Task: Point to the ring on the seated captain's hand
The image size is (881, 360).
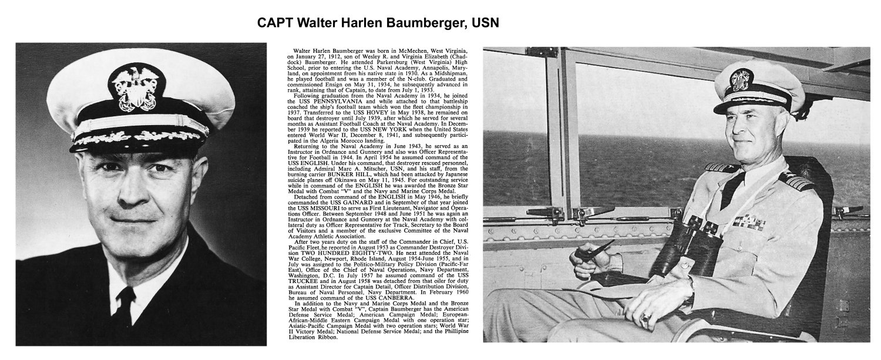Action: click(647, 321)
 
